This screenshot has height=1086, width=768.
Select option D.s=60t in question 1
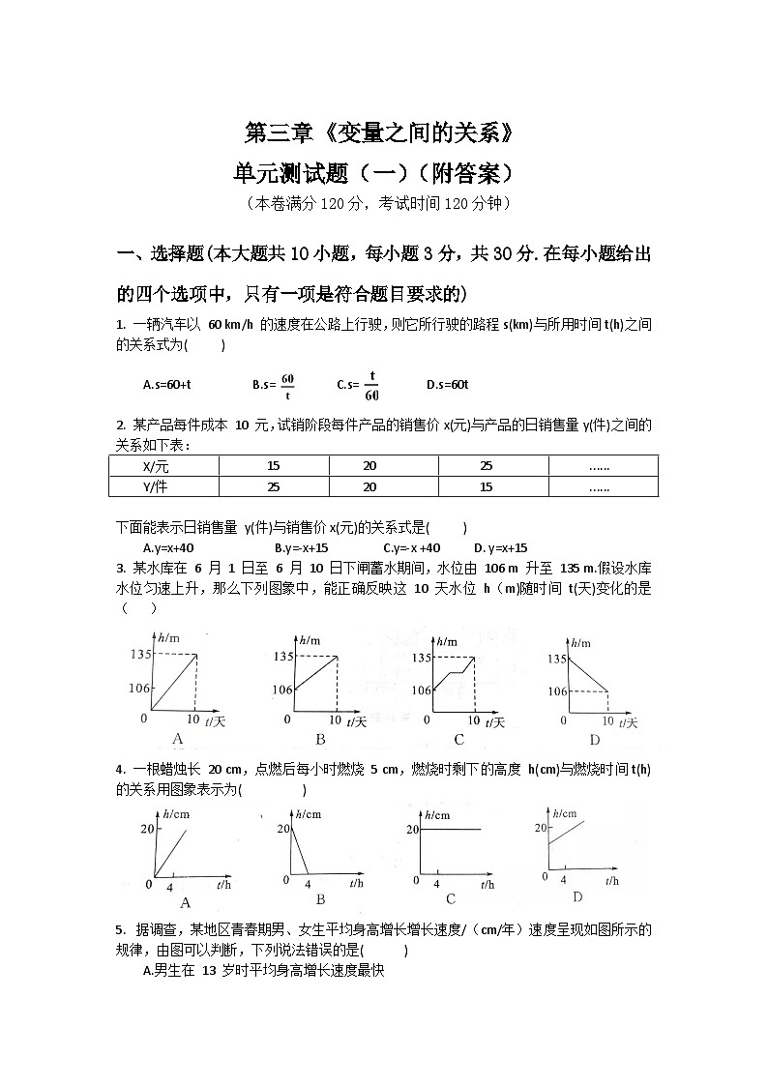(x=447, y=385)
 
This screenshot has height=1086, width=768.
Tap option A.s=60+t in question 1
(x=166, y=385)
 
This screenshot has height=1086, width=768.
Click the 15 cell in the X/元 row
(x=273, y=465)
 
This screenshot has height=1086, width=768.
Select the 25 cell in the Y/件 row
(x=273, y=486)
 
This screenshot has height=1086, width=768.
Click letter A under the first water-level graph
(x=177, y=740)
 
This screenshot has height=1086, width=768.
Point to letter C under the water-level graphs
(x=458, y=740)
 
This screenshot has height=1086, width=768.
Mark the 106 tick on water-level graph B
(x=281, y=690)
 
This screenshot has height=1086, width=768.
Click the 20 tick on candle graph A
(x=147, y=829)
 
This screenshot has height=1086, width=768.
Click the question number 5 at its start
(x=119, y=930)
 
